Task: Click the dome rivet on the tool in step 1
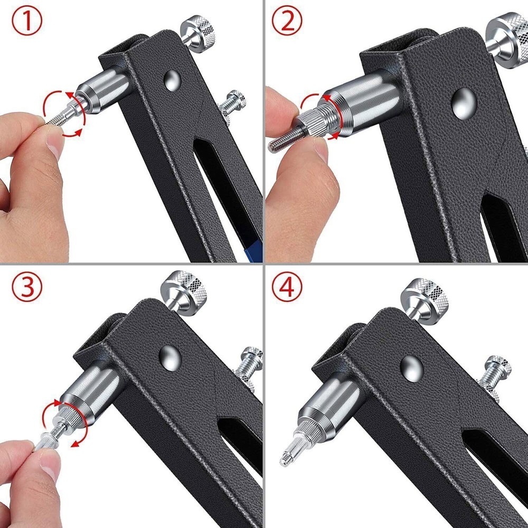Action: point(172,80)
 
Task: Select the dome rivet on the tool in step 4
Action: point(411,364)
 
